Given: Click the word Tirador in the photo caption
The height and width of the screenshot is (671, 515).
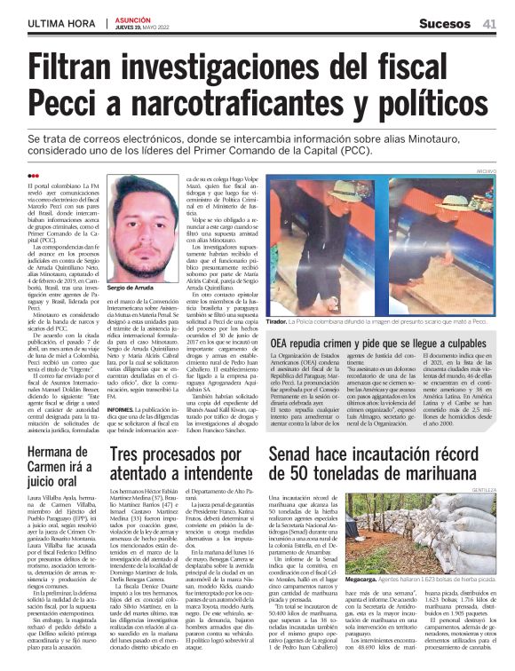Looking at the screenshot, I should click(281, 322).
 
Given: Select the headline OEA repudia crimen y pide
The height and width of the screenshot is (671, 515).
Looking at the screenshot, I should click(384, 342).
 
